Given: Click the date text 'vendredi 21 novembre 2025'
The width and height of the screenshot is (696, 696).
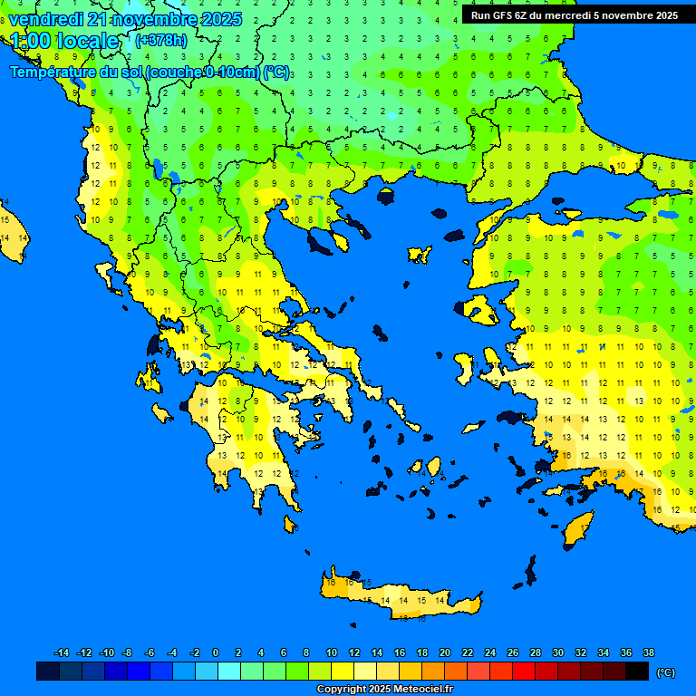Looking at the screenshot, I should (125, 19).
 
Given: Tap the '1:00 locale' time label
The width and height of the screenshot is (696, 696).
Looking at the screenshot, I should (63, 41).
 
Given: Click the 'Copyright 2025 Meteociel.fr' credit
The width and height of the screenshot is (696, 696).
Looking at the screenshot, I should (384, 690).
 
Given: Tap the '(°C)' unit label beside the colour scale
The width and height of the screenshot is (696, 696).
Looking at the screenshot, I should (665, 672).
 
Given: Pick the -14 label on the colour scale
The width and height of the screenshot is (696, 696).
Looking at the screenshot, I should (62, 652).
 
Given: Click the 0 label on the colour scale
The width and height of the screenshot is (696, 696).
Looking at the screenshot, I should (216, 652).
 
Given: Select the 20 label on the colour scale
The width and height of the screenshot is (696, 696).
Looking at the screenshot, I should (444, 652).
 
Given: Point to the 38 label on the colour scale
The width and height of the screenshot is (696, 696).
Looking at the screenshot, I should (648, 652).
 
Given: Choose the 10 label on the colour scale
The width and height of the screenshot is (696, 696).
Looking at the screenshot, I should (331, 652).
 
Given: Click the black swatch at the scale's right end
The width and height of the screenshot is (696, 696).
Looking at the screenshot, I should (637, 671).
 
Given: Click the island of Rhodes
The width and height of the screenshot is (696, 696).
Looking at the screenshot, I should (577, 530).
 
